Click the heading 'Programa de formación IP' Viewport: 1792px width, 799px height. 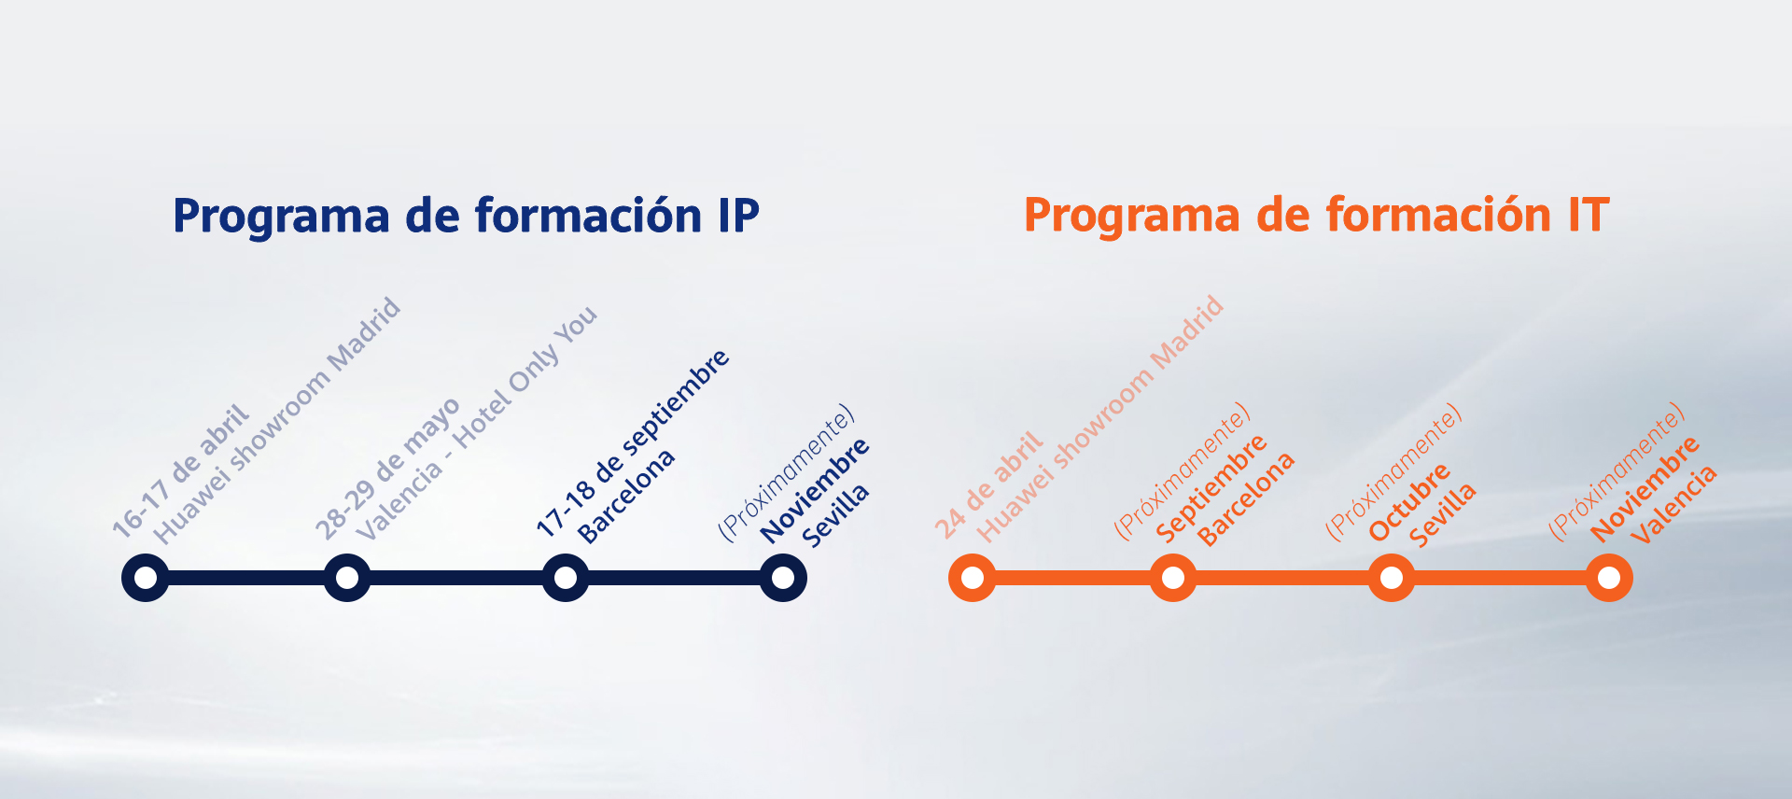pyautogui.click(x=466, y=217)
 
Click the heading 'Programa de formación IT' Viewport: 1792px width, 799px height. pyautogui.click(x=1316, y=216)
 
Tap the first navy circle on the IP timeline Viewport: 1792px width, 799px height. pyautogui.click(x=146, y=578)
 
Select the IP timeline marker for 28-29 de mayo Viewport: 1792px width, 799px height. pyautogui.click(x=347, y=578)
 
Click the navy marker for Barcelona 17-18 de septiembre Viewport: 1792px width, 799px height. pyautogui.click(x=566, y=578)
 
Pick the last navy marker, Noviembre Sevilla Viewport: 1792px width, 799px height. pyautogui.click(x=783, y=578)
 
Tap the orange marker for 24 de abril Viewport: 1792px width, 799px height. pyautogui.click(x=973, y=578)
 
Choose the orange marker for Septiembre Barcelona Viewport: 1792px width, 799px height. pyautogui.click(x=1173, y=578)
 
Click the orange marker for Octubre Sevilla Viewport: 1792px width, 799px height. pyautogui.click(x=1392, y=578)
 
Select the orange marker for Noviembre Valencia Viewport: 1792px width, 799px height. pyautogui.click(x=1609, y=578)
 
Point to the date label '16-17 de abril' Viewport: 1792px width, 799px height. pyautogui.click(x=180, y=471)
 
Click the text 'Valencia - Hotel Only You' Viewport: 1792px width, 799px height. pyautogui.click(x=476, y=423)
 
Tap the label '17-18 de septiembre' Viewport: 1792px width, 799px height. pyautogui.click(x=632, y=442)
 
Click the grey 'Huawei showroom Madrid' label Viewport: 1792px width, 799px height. pyautogui.click(x=277, y=421)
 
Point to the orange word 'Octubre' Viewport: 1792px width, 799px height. pyautogui.click(x=1409, y=501)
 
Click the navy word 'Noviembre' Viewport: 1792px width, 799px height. pyautogui.click(x=815, y=490)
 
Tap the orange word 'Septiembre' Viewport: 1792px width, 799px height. pyautogui.click(x=1211, y=487)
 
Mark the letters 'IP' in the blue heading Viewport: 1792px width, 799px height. pyautogui.click(x=738, y=217)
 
